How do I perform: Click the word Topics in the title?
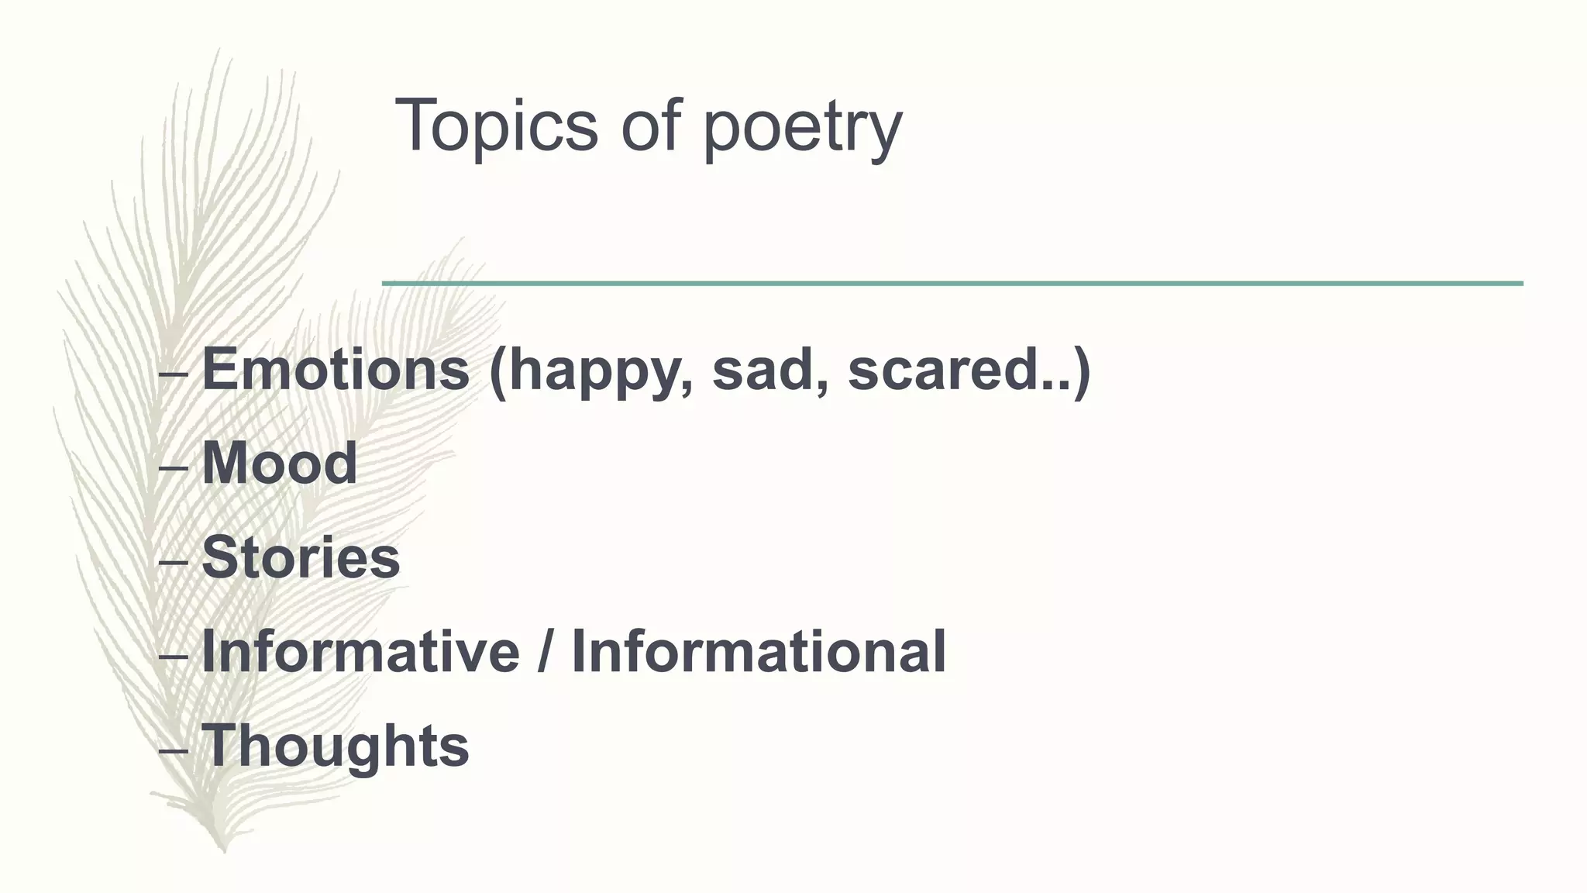pos(496,126)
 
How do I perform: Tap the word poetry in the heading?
pos(802,128)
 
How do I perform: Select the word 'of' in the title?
pos(650,126)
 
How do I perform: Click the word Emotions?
pos(336,369)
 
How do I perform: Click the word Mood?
pos(280,464)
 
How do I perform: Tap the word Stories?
pos(301,557)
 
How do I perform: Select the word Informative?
pos(360,652)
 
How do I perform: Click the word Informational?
pos(759,652)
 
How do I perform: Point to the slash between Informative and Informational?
pos(546,652)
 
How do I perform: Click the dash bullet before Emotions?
pos(172,374)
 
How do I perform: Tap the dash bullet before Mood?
pos(172,468)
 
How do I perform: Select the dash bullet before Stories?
pos(172,562)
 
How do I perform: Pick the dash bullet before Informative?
pos(172,657)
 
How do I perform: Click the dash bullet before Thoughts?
pos(172,750)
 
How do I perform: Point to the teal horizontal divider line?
pos(952,284)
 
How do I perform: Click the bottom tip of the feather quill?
pos(224,850)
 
